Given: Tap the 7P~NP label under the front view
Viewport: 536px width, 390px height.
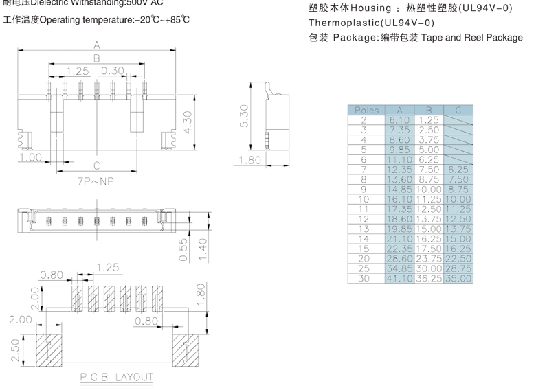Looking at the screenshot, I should [96, 183].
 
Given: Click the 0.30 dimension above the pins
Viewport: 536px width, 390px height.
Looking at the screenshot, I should [113, 71].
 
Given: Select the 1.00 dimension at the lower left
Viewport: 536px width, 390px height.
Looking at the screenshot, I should [31, 157].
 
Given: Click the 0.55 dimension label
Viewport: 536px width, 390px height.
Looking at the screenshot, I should [183, 250].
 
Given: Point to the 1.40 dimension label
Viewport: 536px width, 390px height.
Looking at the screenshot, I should [202, 250].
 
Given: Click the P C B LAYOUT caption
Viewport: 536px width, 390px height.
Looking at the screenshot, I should [115, 377].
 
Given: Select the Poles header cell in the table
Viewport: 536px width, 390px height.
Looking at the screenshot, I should [367, 110].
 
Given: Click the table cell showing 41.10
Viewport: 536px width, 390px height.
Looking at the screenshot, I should [399, 279].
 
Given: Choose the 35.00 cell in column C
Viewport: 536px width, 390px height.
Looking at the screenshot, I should [458, 279].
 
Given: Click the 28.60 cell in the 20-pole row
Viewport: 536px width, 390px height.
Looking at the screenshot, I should [399, 259].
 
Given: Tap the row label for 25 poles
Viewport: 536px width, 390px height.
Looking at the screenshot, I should [364, 269].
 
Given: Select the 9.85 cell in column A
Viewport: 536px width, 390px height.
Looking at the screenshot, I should [399, 149].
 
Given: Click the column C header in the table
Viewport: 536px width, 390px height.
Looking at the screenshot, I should [458, 110].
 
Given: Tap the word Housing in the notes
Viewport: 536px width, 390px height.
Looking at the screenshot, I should [371, 8].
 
